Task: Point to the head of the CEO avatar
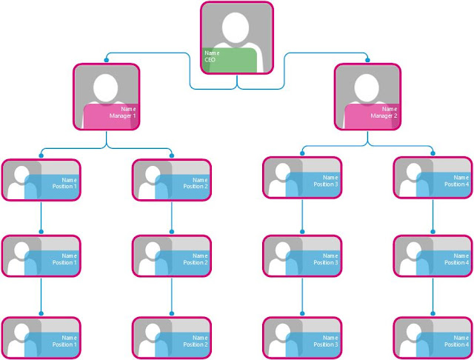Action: pyautogui.click(x=237, y=27)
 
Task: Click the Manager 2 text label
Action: pyautogui.click(x=384, y=116)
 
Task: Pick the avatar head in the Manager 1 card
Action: pyautogui.click(x=107, y=85)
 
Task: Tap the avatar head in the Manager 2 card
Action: pyautogui.click(x=367, y=85)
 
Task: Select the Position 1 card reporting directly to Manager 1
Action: pyautogui.click(x=41, y=180)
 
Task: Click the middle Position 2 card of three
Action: pyautogui.click(x=172, y=257)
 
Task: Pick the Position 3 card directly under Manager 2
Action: pyautogui.click(x=302, y=179)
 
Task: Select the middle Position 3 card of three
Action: pyautogui.click(x=302, y=257)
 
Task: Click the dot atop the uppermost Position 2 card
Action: pyautogui.click(x=172, y=156)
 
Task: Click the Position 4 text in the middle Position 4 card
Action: pyautogui.click(x=456, y=262)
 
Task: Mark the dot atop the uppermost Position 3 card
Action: pyautogui.click(x=302, y=154)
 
